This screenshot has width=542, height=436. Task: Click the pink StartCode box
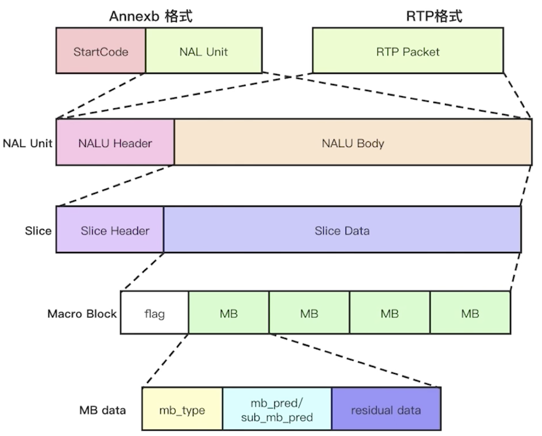click(x=101, y=50)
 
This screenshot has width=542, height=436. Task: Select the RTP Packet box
click(x=408, y=50)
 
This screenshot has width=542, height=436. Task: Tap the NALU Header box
click(x=115, y=142)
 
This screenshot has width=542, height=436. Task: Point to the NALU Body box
click(x=353, y=142)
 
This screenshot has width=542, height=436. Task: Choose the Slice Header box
click(x=110, y=229)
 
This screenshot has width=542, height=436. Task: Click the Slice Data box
click(x=342, y=229)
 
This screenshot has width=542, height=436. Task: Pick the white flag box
click(x=154, y=313)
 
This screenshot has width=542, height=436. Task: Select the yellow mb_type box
click(x=182, y=409)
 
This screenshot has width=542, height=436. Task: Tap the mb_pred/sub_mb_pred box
click(x=277, y=409)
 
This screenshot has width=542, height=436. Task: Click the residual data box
click(x=386, y=409)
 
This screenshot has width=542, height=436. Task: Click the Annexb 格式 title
click(x=151, y=16)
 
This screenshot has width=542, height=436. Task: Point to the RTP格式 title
click(x=434, y=16)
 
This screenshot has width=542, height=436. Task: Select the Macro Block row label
click(x=82, y=314)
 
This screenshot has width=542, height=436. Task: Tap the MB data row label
click(x=102, y=410)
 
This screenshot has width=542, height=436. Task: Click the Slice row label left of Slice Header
click(x=38, y=231)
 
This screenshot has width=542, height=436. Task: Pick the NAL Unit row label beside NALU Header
click(x=27, y=143)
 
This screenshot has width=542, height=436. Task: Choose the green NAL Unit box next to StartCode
click(x=204, y=50)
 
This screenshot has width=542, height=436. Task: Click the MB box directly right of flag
click(x=229, y=313)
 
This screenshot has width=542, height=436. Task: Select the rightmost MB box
click(x=470, y=313)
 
